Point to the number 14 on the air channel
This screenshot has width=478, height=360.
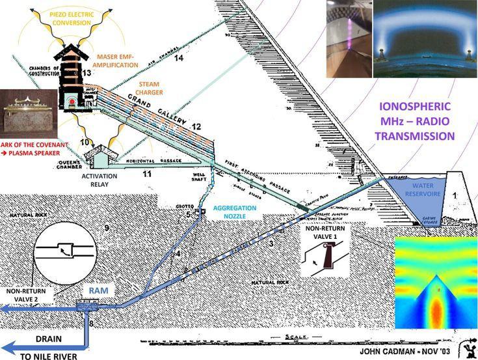[179, 58]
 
